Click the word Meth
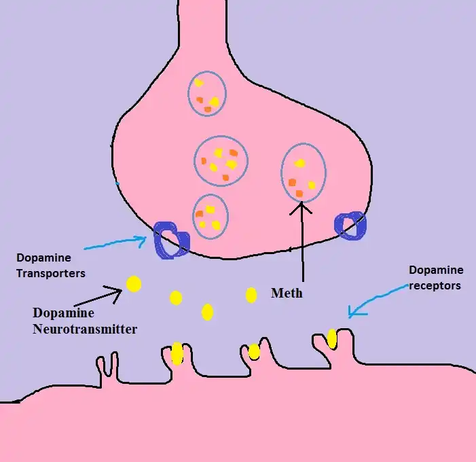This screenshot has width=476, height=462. click(286, 294)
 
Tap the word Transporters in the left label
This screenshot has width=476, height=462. click(51, 274)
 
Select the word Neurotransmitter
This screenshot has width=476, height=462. click(85, 330)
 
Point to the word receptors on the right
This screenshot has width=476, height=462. click(435, 285)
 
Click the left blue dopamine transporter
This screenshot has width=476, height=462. click(171, 240)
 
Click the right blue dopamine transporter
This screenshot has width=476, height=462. click(350, 226)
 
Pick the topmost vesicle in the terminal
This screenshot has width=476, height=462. click(206, 93)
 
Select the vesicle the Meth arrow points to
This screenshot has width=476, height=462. click(303, 173)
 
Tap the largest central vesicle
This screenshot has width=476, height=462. click(221, 161)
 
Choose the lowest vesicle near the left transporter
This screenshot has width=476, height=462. click(210, 216)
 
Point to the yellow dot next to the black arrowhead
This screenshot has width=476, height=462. click(134, 284)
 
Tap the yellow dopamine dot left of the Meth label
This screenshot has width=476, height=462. click(251, 295)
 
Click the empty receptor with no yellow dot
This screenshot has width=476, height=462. click(107, 367)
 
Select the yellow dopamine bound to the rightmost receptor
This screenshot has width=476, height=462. click(331, 338)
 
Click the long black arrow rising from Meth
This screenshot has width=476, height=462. click(301, 245)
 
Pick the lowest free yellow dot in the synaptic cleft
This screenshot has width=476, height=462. click(208, 312)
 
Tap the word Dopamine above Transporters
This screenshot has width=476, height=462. click(44, 258)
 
